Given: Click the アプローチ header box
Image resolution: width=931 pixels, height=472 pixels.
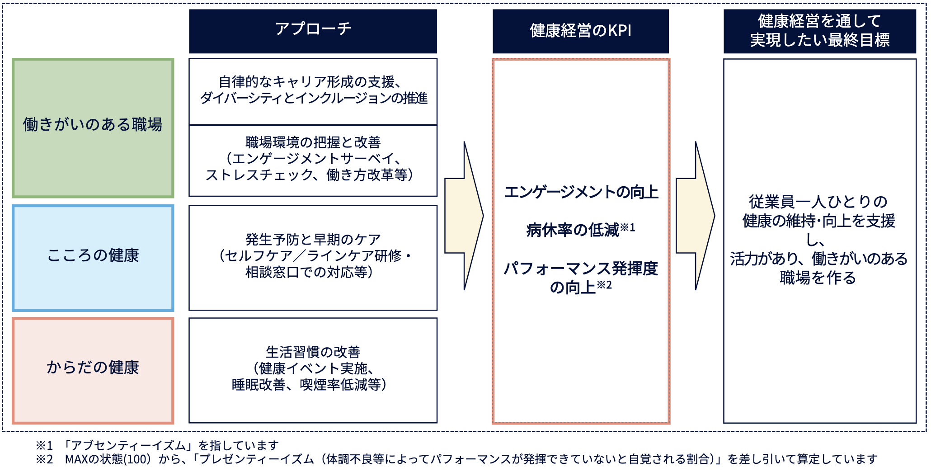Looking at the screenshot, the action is point(313,31).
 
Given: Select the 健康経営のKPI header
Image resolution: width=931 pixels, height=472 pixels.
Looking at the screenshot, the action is point(580,31).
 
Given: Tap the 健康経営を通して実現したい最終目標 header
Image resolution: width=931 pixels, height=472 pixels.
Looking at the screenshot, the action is point(820,31).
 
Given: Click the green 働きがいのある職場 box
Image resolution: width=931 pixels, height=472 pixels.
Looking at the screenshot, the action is point(93,128).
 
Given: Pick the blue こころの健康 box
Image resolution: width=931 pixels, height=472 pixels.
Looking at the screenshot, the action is point(93,258).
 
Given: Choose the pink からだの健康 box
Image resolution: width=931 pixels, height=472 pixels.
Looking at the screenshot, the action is point(93,371).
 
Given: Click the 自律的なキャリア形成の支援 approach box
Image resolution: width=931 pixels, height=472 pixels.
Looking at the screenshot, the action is point(313,91).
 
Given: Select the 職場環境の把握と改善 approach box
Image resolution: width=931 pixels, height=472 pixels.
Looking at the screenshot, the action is point(313,161).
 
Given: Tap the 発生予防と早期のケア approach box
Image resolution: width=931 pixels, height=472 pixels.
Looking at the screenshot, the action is point(313,258).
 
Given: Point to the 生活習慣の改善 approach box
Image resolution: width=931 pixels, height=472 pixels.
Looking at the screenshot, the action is point(313,370).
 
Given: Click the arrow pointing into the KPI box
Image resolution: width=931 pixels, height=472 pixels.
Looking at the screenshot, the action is point(464,216).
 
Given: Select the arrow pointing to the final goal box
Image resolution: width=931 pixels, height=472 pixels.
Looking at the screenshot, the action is point(696,216).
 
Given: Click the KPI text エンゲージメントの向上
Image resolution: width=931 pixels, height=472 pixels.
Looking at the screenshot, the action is point(581,192).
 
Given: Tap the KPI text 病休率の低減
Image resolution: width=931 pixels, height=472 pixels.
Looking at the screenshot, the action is point(573,230).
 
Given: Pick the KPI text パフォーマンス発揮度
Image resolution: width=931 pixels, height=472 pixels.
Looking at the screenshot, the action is point(581,269).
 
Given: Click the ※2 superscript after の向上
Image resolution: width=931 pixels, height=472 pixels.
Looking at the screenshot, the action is point(604,285).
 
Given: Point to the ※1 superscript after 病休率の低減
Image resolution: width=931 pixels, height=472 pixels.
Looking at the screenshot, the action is point(628,227).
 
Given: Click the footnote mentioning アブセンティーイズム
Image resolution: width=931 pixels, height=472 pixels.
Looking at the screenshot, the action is point(157,446).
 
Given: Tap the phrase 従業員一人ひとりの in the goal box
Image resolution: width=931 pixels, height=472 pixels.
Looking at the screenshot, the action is point(818,202).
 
